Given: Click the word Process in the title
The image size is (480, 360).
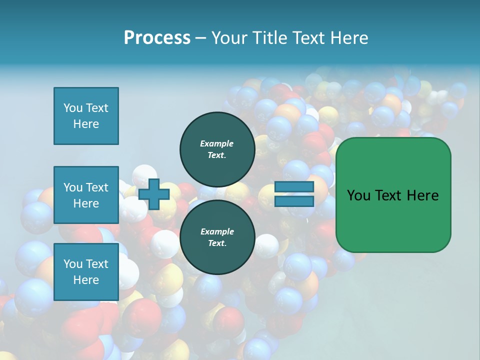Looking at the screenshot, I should (157, 38).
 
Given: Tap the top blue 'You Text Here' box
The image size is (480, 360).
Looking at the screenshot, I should (86, 116).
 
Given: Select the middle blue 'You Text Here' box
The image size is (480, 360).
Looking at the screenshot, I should (86, 195).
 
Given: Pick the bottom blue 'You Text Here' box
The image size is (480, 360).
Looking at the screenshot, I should (86, 272).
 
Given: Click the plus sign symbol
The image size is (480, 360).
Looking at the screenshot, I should (153, 194).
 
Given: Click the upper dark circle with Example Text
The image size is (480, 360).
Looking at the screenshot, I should (217, 149).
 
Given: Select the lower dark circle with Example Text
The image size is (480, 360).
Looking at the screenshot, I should (217, 237).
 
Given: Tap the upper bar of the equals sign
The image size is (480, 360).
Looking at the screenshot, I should (294, 187).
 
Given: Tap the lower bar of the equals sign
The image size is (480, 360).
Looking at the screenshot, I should (294, 201).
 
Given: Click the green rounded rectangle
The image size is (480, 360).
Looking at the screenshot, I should (393, 220).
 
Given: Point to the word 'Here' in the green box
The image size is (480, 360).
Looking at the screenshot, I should (422, 195).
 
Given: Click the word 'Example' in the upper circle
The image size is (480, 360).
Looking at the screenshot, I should (217, 143).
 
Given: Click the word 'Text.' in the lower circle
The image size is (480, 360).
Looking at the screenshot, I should (217, 243).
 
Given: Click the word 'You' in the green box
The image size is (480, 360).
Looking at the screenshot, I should (359, 195).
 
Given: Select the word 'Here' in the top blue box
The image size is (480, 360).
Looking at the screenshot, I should (86, 124).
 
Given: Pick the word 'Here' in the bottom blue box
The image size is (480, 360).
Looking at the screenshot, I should (86, 280).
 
